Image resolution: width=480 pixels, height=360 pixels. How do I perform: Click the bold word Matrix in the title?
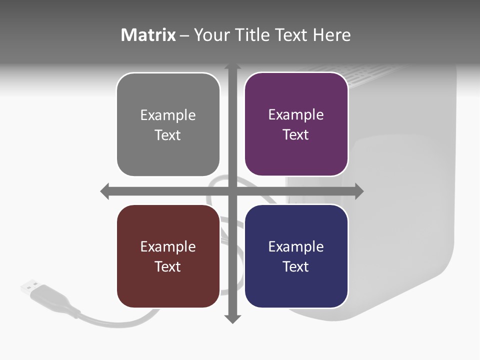pos(148,35)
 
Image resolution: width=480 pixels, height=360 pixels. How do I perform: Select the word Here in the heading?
pos(332,35)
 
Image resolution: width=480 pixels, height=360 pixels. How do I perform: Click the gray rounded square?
pos(168,124)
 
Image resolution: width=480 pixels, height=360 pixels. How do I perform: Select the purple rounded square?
pos(296,124)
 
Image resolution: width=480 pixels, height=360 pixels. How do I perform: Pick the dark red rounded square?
pos(168,256)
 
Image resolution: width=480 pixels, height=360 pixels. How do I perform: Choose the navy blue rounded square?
pos(296,256)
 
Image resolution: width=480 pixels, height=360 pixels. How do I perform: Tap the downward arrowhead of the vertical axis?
pos(232,318)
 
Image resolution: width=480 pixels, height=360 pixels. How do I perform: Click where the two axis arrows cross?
pos(232,191)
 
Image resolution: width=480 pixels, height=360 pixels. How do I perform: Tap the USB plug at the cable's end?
pos(30,286)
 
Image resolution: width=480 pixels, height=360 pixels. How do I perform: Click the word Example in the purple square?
pos(296,114)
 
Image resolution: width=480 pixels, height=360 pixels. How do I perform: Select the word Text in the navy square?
pos(296,266)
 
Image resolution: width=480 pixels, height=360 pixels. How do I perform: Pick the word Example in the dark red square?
pos(168,246)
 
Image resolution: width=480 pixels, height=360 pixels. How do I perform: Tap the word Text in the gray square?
pos(168,135)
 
